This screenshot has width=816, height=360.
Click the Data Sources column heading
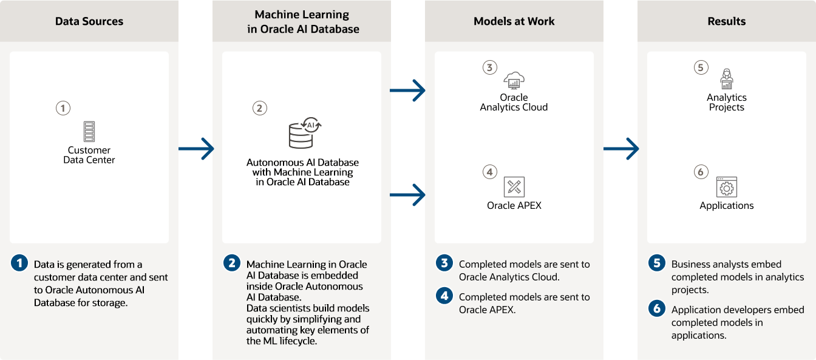coord(89,21)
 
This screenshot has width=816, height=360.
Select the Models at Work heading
coord(514,21)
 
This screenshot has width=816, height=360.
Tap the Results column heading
coord(726,21)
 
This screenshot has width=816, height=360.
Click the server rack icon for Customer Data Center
coord(89,131)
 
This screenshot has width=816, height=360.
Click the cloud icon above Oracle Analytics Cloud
coord(514,80)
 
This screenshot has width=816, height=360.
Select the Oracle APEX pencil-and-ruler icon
coord(514,187)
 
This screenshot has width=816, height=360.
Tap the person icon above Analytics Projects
coord(726,79)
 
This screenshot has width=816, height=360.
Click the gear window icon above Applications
coord(726,187)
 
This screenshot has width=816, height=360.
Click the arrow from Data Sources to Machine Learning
coord(196,148)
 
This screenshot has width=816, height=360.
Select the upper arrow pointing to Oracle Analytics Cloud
coord(407,90)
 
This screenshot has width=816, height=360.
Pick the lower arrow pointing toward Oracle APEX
coord(407,195)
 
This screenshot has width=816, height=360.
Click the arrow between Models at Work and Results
coord(621,148)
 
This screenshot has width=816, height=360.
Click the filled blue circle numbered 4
coord(444,296)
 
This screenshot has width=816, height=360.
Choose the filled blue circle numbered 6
coord(657,308)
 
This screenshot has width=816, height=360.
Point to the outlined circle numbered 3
coord(489,67)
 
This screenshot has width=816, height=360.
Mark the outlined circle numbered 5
coord(701,67)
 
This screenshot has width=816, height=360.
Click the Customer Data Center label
coord(89,155)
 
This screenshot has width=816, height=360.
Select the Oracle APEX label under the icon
coord(514,205)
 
